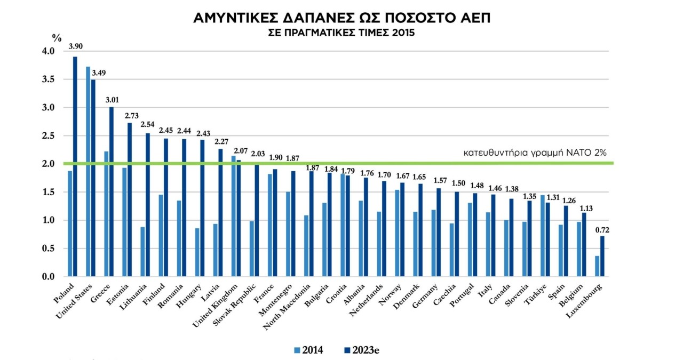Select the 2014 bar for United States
click(x=88, y=171)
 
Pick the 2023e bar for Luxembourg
click(x=602, y=256)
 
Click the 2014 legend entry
click(x=308, y=350)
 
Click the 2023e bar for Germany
click(x=439, y=232)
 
